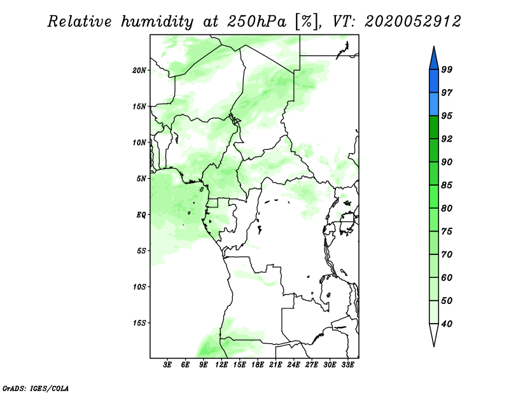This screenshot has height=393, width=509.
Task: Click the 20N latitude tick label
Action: [139, 70]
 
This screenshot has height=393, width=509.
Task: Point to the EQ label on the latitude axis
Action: [141, 214]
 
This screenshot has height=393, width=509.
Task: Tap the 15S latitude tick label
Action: [139, 323]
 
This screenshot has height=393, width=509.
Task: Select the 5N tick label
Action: [141, 179]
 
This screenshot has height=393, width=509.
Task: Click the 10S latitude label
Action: [139, 287]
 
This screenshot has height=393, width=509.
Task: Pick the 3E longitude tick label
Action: [167, 365]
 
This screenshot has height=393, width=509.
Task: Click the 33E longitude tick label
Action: [347, 365]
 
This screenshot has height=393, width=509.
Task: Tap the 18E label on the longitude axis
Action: [258, 365]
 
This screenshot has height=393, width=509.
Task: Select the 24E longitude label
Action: [293, 365]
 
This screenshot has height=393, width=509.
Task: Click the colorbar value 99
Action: [447, 69]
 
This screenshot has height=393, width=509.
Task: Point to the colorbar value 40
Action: [447, 324]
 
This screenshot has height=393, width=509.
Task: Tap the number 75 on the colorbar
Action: [447, 231]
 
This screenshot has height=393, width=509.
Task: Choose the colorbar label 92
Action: [447, 139]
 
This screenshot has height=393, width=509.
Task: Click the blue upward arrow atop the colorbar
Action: [434, 60]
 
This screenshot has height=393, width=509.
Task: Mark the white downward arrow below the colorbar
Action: [434, 333]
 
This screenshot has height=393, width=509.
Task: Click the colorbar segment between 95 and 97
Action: [434, 104]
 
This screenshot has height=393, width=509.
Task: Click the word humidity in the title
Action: [157, 22]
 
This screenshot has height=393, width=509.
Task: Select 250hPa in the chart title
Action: [256, 22]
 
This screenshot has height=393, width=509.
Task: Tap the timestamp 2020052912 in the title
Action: [412, 22]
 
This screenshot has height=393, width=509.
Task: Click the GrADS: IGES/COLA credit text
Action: [36, 388]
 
